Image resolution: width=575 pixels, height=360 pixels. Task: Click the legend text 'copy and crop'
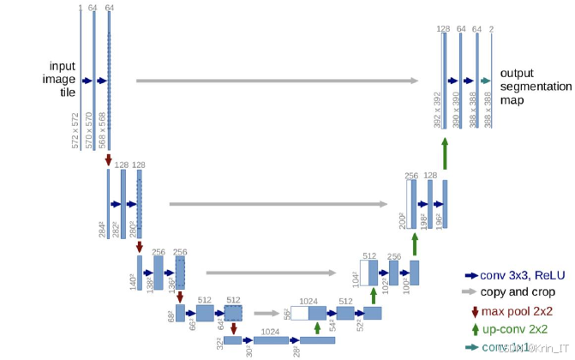514,292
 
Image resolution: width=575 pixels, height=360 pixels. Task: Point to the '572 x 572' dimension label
76,129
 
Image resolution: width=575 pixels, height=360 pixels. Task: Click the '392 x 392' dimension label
437,110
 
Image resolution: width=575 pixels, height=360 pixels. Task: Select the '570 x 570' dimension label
90,129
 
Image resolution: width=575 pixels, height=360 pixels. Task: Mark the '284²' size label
102,229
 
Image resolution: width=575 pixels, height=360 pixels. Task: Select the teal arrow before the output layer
485,81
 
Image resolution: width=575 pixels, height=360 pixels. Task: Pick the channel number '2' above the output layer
491,30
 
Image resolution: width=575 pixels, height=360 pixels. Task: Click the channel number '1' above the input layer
80,9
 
